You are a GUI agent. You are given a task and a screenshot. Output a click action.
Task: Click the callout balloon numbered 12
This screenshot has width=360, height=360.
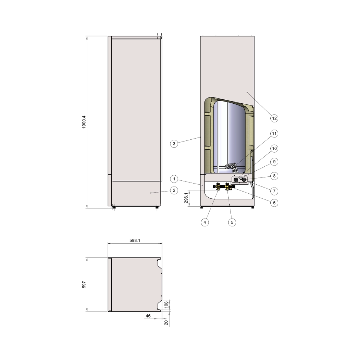(x=274, y=118)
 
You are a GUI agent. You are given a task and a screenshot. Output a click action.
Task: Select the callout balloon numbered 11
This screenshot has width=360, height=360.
(x=274, y=134)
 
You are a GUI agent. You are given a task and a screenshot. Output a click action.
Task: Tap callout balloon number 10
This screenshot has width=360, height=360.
(x=274, y=149)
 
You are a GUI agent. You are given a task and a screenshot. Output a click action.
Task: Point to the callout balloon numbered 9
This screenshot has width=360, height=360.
(x=274, y=162)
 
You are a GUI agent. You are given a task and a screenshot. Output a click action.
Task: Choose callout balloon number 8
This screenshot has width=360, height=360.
(x=274, y=176)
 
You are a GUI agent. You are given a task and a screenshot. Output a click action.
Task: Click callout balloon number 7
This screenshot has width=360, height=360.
(x=274, y=191)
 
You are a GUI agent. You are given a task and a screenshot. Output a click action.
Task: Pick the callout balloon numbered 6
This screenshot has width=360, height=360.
(x=274, y=203)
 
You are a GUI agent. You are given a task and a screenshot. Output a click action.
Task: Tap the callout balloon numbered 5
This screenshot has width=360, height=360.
(x=232, y=222)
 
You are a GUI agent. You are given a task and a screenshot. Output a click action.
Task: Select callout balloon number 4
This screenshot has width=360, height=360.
(x=205, y=222)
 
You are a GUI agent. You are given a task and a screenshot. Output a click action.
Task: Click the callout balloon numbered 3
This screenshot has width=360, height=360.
(x=174, y=144)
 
